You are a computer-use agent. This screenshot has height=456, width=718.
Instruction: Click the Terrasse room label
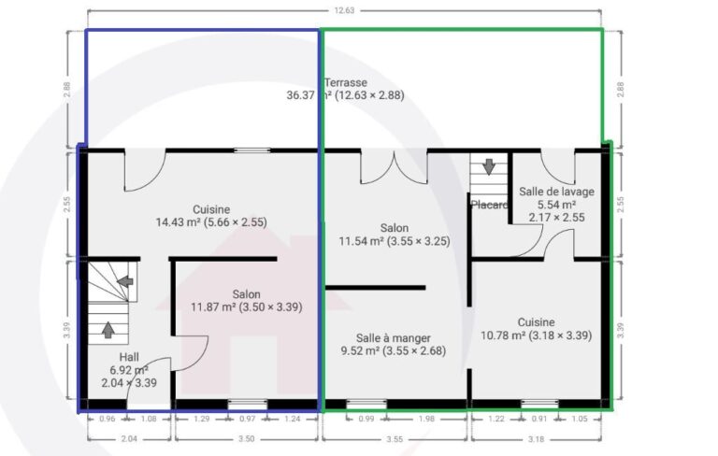pyautogui.click(x=347, y=82)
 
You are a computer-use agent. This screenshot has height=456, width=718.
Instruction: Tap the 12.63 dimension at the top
pyautogui.click(x=345, y=11)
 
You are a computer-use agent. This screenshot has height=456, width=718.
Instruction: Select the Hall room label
pyautogui.click(x=129, y=358)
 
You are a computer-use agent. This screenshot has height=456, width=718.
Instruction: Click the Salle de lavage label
pyautogui.click(x=556, y=192)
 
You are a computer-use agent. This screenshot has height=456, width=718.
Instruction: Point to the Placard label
pyautogui.click(x=488, y=205)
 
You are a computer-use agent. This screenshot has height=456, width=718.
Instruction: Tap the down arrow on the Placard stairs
pyautogui.click(x=488, y=168)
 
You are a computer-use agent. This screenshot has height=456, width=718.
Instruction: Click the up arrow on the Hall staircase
pyautogui.click(x=108, y=330)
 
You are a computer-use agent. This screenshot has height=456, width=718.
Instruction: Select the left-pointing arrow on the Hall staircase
pyautogui.click(x=123, y=280)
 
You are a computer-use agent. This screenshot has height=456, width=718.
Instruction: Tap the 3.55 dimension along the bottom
pyautogui.click(x=394, y=437)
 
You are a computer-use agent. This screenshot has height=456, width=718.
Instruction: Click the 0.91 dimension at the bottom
pyautogui.click(x=539, y=420)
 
